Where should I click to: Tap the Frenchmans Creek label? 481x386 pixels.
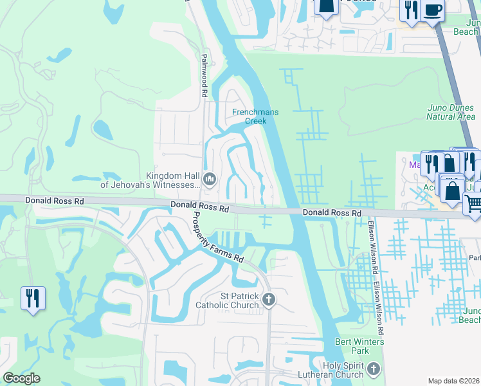pos(255,116)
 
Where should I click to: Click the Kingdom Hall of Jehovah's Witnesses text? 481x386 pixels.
pos(172,180)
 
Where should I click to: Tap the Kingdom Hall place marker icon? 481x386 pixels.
pos(209,178)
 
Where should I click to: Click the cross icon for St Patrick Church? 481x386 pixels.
pos(269,299)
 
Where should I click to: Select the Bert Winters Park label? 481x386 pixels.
pos(352,346)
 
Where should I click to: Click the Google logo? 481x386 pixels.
pos(21,378)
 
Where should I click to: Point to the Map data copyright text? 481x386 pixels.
pos(454,381)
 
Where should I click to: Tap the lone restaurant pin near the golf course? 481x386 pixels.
pos(33,298)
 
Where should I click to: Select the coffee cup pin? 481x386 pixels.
pos(433,10)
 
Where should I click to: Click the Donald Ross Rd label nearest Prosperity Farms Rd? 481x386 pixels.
pos(199,207)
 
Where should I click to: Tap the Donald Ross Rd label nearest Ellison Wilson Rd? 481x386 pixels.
pos(332,212)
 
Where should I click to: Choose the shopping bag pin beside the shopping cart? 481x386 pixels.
pos(453,190)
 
